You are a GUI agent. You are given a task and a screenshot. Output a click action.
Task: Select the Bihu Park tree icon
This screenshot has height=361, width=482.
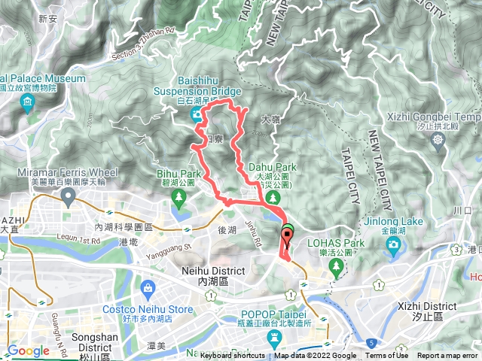click(x=179, y=199)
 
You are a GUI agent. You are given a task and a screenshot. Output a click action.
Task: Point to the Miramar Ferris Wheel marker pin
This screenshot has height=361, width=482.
click(x=69, y=197)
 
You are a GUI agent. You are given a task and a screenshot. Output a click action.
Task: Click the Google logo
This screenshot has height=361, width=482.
click(x=28, y=351)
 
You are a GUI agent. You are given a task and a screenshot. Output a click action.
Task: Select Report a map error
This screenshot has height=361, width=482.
click(x=448, y=356)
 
